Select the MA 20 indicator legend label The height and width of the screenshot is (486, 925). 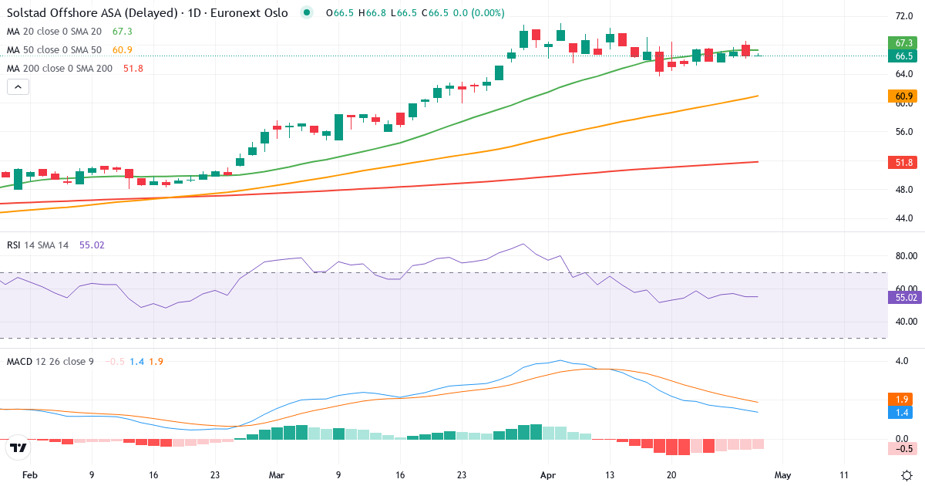point(54,32)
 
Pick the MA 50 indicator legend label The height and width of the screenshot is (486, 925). point(54,50)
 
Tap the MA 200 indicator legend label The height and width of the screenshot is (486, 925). point(59,69)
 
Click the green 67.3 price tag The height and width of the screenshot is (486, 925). point(901,42)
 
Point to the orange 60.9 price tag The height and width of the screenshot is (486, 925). point(901,96)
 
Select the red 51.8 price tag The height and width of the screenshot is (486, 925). point(901,162)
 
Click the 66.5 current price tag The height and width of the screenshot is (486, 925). point(901,56)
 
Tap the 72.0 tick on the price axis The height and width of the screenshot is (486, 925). point(904,16)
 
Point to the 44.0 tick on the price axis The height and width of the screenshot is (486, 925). point(904,218)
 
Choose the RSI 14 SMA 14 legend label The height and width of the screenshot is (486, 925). point(38,245)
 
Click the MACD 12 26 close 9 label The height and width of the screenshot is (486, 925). point(50,361)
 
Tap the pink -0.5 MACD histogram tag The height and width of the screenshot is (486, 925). point(901,448)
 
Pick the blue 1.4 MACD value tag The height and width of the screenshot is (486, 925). point(901,413)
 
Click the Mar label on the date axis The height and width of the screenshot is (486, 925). point(277,475)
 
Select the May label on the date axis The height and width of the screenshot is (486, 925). point(782,475)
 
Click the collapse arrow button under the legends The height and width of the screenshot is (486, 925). point(18,86)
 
